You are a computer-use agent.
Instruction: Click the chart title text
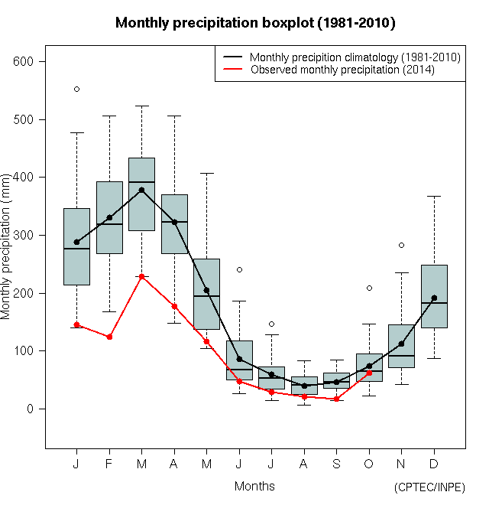coord(254,23)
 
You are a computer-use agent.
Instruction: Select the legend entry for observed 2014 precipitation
coord(342,70)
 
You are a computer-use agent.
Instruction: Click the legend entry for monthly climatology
coord(355,57)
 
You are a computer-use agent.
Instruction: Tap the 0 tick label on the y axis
coord(32,409)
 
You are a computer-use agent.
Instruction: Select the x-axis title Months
coord(254,486)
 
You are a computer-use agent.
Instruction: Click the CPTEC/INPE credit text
coord(429,487)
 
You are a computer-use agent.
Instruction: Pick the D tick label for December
coord(434,464)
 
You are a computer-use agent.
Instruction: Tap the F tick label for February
coord(109,464)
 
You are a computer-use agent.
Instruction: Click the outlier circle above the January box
coord(76,89)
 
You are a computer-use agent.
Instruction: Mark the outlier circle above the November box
coord(401,245)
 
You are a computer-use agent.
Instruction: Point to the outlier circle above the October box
coord(369,288)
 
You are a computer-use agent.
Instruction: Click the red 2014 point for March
coord(141,276)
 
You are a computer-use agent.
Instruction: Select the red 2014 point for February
coord(109,337)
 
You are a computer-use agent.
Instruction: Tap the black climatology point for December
coord(434,298)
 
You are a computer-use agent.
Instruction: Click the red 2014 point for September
coord(336,399)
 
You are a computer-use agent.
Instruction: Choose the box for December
coord(434,297)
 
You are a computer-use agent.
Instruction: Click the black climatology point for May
coord(206,290)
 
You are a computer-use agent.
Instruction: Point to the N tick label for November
coord(401,464)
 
